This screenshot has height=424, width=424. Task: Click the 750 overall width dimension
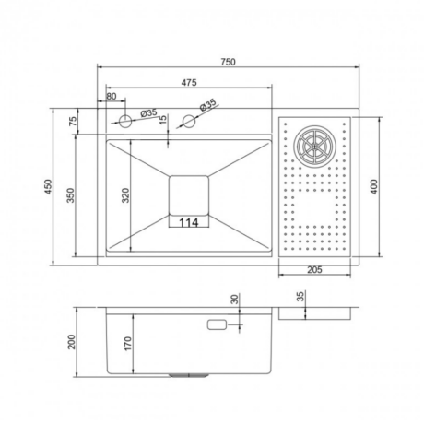(228, 62)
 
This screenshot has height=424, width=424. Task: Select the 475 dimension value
(189, 83)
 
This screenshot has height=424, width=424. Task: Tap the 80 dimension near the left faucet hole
(112, 97)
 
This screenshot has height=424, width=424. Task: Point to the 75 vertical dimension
(73, 122)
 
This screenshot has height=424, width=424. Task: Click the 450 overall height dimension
(48, 187)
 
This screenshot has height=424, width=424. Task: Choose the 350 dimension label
(70, 195)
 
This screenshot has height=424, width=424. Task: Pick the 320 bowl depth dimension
(125, 195)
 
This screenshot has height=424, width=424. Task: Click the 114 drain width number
(188, 222)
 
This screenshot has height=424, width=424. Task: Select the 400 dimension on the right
(374, 187)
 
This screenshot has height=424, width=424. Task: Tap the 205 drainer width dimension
(314, 270)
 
